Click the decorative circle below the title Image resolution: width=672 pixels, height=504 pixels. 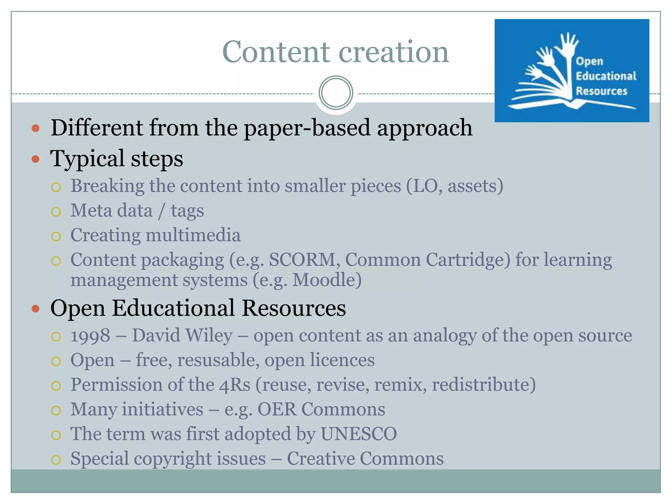[336, 93]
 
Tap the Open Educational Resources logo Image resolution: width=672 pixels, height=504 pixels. [572, 71]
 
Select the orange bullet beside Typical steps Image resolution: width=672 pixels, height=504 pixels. [35, 159]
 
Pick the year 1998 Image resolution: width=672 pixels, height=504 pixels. [91, 336]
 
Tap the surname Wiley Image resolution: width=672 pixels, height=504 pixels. [209, 336]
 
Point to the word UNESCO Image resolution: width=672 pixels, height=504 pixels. [359, 434]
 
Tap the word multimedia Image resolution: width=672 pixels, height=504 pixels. [193, 235]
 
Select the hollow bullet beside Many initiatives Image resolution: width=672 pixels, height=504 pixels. [56, 410]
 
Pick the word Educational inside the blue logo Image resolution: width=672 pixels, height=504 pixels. [606, 76]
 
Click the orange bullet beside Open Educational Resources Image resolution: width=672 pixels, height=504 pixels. [35, 308]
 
